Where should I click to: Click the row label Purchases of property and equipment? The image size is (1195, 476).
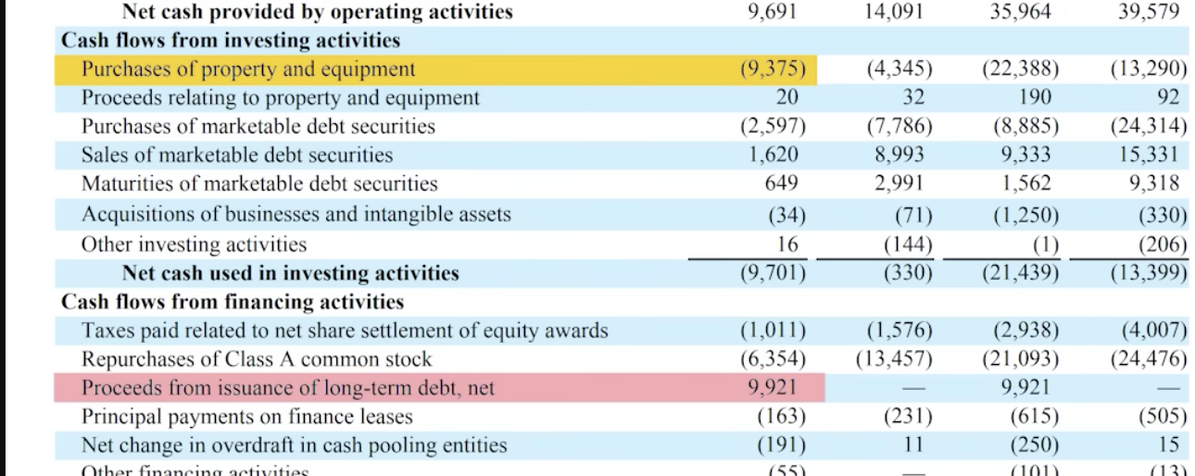click(248, 69)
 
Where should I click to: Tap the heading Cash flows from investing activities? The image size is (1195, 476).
click(231, 41)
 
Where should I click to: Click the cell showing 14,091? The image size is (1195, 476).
click(899, 12)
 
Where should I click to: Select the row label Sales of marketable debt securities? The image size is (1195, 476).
click(237, 156)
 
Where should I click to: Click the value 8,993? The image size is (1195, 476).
click(899, 156)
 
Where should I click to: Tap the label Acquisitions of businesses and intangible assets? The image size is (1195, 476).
click(296, 215)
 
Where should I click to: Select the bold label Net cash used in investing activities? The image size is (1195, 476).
click(290, 273)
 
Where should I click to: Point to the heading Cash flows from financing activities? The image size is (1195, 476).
click(233, 302)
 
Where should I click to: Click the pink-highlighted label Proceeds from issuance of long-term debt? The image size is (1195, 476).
click(288, 388)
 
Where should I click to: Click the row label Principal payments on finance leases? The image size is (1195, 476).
click(247, 417)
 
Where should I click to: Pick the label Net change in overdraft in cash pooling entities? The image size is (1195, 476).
click(295, 445)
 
